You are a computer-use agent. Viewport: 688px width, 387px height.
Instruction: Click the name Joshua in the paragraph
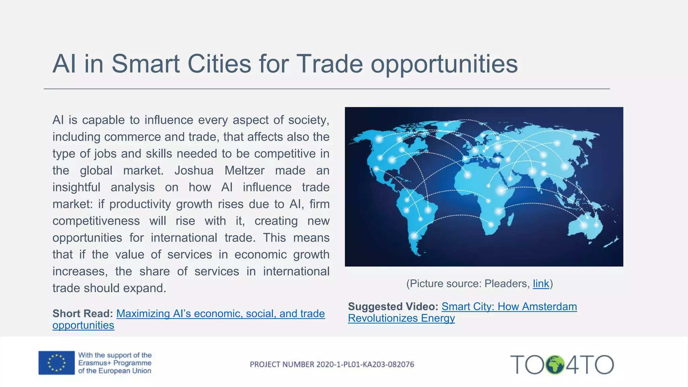(194, 171)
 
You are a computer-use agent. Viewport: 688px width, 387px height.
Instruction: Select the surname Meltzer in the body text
(245, 171)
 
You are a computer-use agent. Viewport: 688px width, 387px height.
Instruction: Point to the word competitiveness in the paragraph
(96, 221)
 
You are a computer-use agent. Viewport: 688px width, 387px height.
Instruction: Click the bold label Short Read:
(83, 314)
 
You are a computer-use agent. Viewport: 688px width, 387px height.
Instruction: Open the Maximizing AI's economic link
(220, 314)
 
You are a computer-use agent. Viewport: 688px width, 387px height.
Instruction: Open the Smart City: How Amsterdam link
(509, 307)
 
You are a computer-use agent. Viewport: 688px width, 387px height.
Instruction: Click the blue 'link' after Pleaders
(541, 284)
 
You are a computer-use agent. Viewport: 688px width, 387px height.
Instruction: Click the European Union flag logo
(56, 363)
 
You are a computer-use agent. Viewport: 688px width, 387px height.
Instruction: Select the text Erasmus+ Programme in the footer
(115, 363)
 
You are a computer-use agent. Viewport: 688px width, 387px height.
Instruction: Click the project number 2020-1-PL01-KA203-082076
(332, 364)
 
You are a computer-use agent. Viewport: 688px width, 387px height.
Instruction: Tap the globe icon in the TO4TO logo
(555, 365)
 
